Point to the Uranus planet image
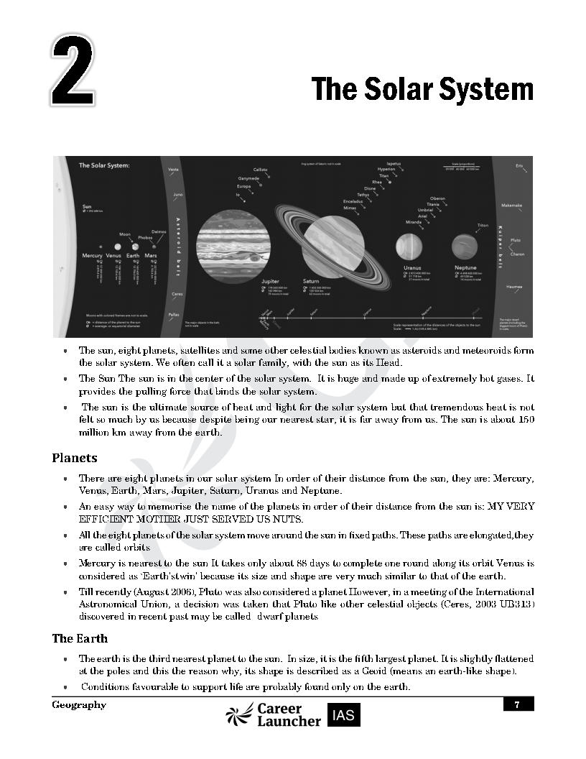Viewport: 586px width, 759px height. click(409, 248)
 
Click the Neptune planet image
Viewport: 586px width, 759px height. click(465, 247)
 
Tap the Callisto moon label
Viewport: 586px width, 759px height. click(259, 170)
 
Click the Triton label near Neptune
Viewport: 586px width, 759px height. click(483, 226)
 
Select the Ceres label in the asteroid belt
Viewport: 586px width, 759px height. click(177, 294)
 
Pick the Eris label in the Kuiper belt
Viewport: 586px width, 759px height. click(518, 166)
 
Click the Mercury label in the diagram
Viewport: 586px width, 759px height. click(92, 255)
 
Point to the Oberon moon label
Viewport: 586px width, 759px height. click(437, 198)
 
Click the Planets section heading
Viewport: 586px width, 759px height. click(74, 458)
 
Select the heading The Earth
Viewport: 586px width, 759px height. click(79, 638)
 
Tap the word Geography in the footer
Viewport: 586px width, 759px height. click(78, 705)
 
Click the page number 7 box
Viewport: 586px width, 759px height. click(518, 705)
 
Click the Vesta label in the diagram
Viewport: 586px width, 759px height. click(172, 170)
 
